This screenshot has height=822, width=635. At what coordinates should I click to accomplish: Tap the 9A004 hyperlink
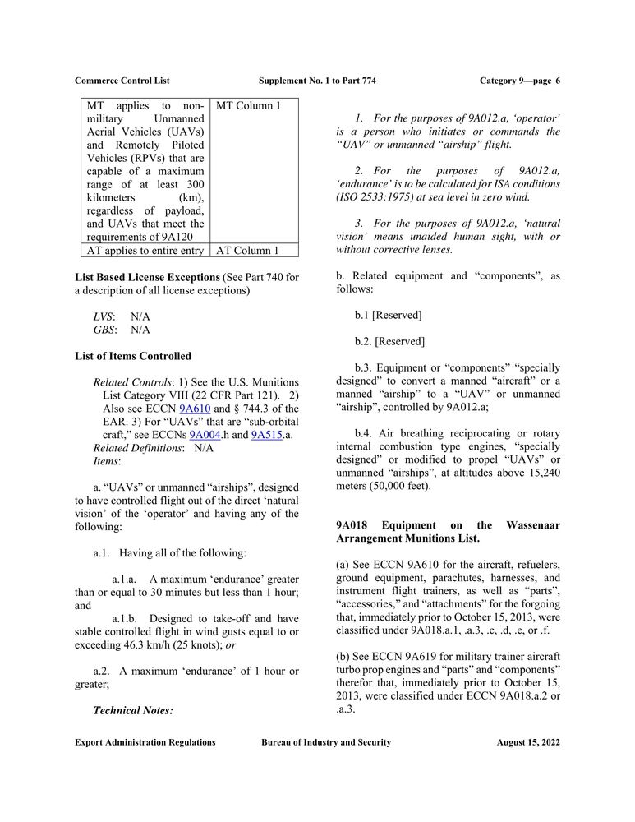tap(205, 435)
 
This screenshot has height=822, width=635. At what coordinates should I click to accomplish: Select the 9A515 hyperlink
tap(267, 435)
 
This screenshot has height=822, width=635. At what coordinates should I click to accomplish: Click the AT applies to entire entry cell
tap(145, 250)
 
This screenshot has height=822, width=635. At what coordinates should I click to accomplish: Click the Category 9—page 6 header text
tap(519, 81)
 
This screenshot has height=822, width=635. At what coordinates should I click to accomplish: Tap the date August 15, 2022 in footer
tap(528, 742)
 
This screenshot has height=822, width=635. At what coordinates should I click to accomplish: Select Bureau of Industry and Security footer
tap(326, 742)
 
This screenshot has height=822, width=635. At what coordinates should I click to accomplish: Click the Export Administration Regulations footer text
tap(145, 742)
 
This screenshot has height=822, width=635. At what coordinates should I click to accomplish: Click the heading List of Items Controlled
tap(133, 356)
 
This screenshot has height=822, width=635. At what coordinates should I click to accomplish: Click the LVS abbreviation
tap(103, 316)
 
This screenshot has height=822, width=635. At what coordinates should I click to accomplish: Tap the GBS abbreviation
tap(104, 330)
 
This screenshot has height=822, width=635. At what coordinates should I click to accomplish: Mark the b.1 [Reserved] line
tap(388, 315)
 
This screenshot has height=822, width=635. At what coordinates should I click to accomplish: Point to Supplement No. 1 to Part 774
tap(317, 81)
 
